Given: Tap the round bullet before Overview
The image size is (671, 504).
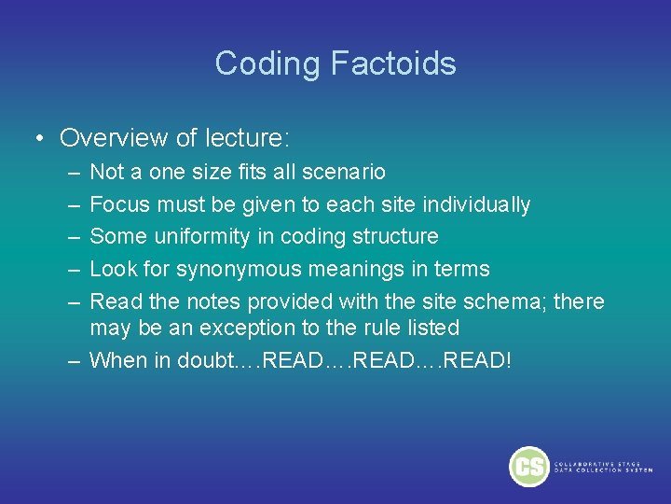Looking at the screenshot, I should tap(40, 139).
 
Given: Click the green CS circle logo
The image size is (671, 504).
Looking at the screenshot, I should tap(528, 466).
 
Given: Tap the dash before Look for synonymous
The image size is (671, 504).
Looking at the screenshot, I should tap(74, 270).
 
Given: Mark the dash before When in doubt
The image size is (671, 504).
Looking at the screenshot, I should tap(74, 360).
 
